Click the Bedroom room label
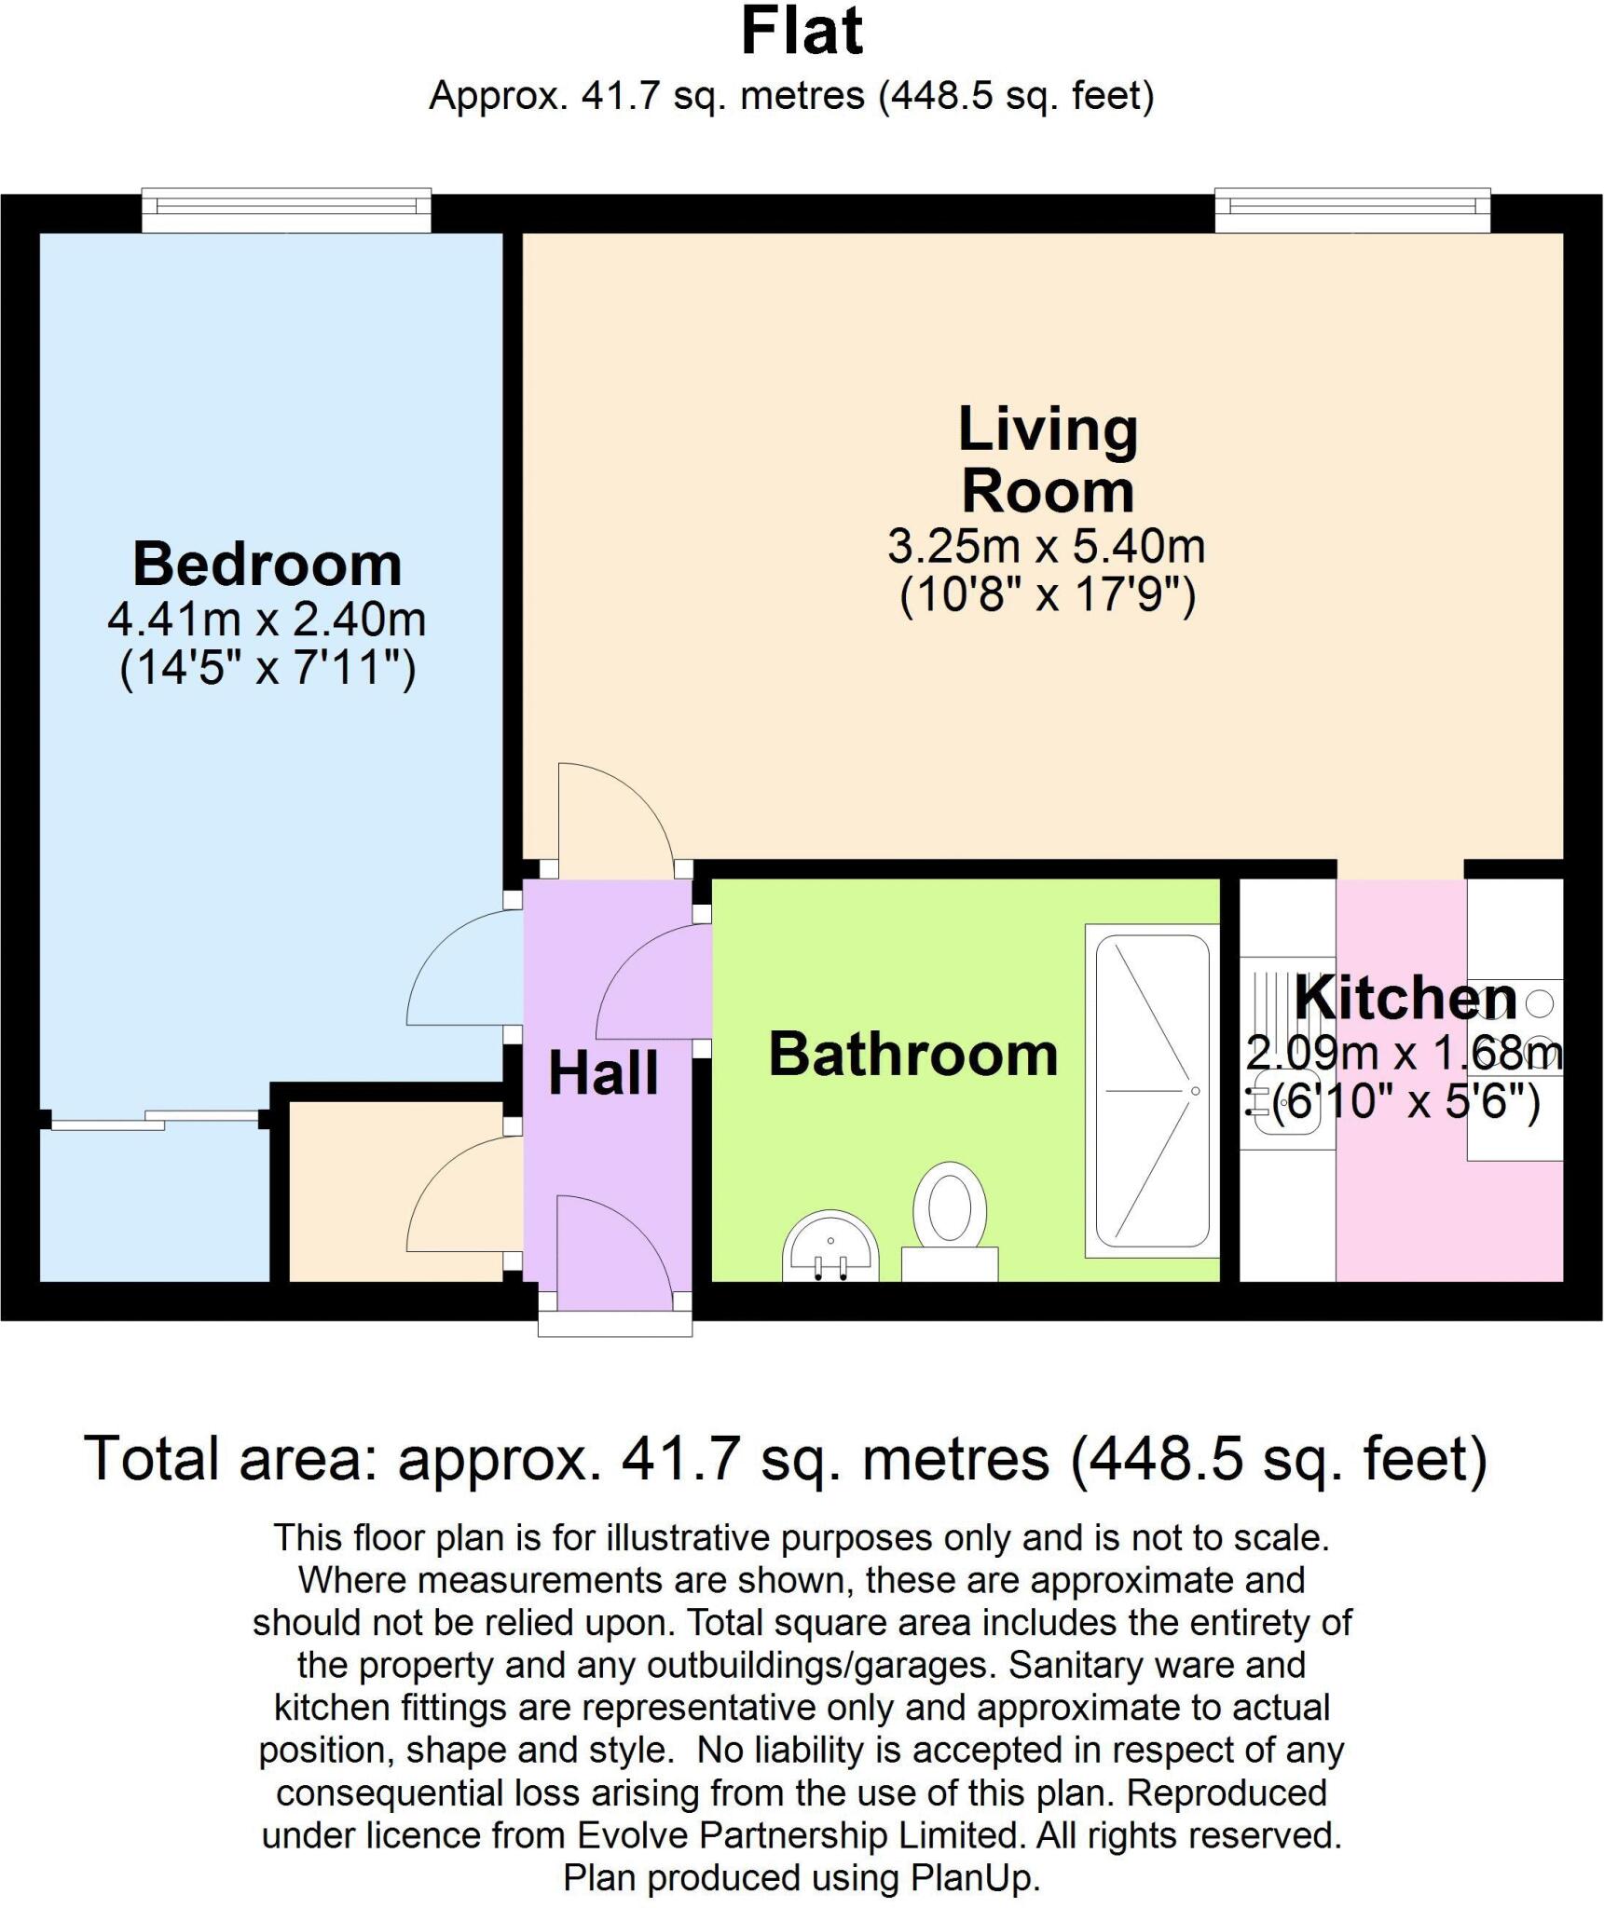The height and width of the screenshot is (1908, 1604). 267,565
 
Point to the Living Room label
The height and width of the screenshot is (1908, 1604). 1048,460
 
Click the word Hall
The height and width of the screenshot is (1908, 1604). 604,1073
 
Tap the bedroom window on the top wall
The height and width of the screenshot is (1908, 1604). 286,210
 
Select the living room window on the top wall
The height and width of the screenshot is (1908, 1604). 1351,210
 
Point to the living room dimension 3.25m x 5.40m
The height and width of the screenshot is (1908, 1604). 1046,547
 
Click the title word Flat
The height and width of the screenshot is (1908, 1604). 802,32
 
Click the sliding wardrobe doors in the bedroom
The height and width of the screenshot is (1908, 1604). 154,1121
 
